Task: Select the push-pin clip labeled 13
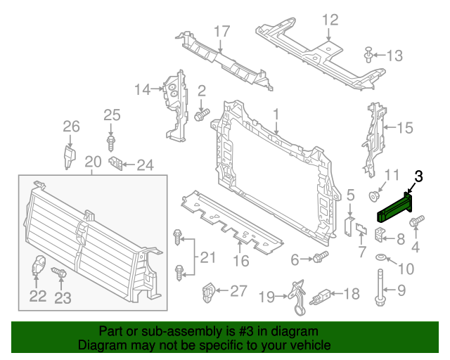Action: pos(368,54)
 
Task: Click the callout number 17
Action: pos(221,32)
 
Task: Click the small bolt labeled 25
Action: pos(111,143)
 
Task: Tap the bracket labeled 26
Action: pos(70,155)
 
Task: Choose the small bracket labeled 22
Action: pos(39,267)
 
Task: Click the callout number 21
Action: pos(207,258)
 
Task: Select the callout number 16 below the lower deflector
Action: pos(241,261)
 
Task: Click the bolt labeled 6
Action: pos(320,257)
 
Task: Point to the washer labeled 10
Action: pos(381,258)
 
